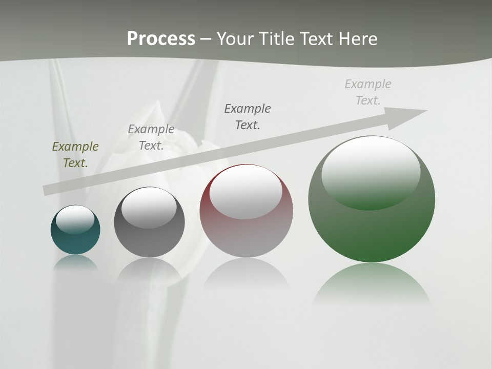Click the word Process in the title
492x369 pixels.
[161, 39]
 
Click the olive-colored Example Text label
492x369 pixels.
[75, 154]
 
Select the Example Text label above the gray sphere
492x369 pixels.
[151, 137]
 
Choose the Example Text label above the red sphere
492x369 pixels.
[248, 116]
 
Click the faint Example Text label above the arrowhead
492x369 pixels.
[368, 92]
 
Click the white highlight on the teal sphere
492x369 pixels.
[75, 219]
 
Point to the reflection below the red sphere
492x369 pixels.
[246, 274]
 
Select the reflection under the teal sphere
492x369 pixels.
[75, 263]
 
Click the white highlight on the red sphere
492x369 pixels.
[246, 192]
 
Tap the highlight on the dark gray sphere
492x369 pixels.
[149, 208]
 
